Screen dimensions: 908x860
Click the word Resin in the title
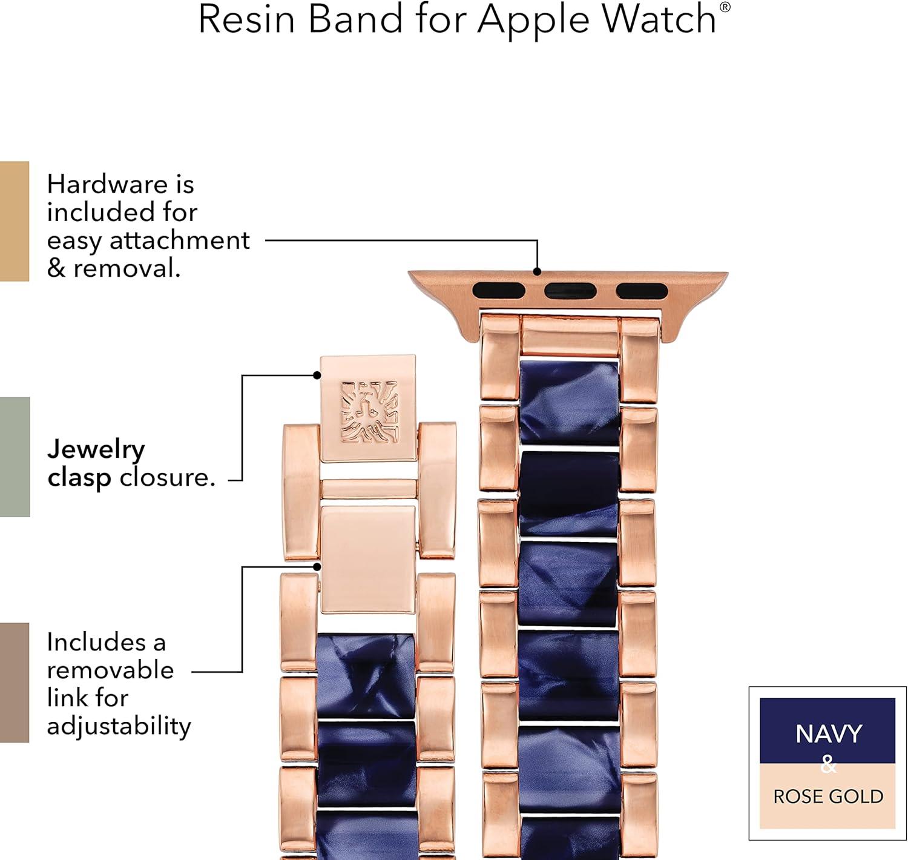pyautogui.click(x=246, y=19)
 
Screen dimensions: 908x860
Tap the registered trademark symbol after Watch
pyautogui.click(x=725, y=7)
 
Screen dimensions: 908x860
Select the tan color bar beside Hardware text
pyautogui.click(x=15, y=221)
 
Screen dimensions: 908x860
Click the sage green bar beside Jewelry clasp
pyautogui.click(x=15, y=457)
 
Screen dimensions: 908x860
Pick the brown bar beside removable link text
pyautogui.click(x=15, y=683)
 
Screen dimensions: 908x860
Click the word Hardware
pyautogui.click(x=107, y=184)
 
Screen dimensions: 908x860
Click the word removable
pyautogui.click(x=110, y=670)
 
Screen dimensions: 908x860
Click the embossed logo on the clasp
pyautogui.click(x=369, y=412)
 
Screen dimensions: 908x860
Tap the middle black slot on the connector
pyautogui.click(x=570, y=291)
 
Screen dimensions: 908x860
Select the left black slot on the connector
pyautogui.click(x=499, y=291)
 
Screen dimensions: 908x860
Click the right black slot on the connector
pyautogui.click(x=642, y=291)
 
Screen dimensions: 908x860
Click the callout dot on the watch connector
pyautogui.click(x=537, y=272)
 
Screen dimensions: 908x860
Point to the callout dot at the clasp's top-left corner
pyautogui.click(x=317, y=375)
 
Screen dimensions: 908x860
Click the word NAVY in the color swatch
pyautogui.click(x=829, y=734)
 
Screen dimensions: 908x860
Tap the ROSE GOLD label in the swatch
pyautogui.click(x=828, y=796)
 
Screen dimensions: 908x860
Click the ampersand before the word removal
pyautogui.click(x=56, y=268)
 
